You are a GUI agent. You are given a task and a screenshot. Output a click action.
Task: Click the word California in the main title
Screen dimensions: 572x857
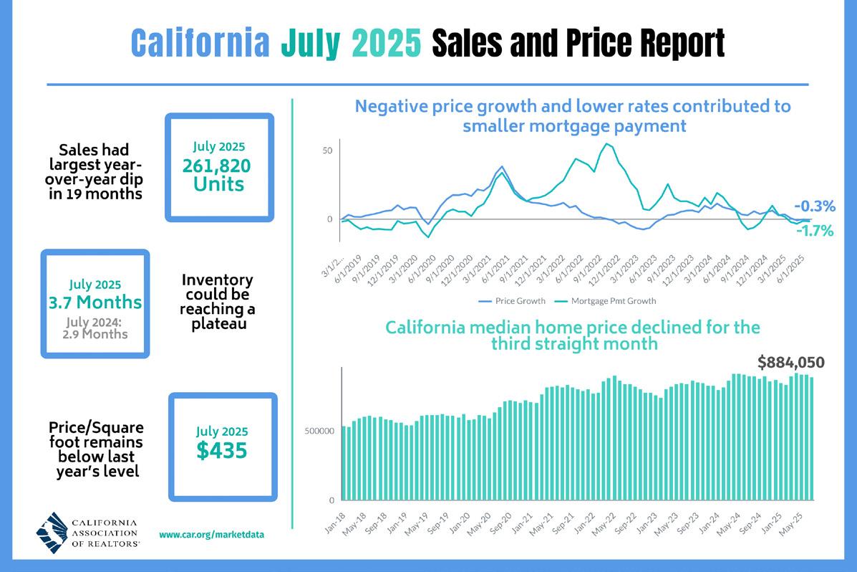pyautogui.click(x=201, y=44)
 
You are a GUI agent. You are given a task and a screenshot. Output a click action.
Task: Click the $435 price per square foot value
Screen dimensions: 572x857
pyautogui.click(x=222, y=450)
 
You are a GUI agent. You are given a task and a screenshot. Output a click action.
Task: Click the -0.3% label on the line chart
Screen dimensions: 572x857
pyautogui.click(x=815, y=206)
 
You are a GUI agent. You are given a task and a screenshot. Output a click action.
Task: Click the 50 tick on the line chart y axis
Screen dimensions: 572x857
pyautogui.click(x=327, y=151)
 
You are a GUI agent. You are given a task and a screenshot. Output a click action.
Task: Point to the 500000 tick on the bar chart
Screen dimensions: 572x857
pyautogui.click(x=320, y=432)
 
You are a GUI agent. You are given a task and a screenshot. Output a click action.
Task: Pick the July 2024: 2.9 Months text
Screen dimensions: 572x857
pyautogui.click(x=95, y=328)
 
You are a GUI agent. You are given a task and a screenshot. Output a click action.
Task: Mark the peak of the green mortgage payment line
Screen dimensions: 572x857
pyautogui.click(x=607, y=144)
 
